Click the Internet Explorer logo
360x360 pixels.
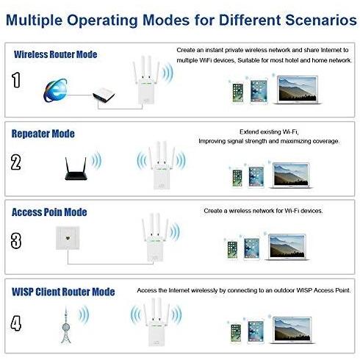tap(56, 90)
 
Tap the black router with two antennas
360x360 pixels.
tap(76, 169)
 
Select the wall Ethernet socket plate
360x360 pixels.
tap(68, 238)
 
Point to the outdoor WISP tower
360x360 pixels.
tap(65, 325)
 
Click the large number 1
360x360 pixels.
tap(16, 80)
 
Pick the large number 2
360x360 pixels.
tap(16, 162)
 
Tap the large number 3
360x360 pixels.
tap(16, 241)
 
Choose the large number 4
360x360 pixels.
tap(16, 323)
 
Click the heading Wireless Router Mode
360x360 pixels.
tap(56, 54)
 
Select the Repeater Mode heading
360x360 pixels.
tap(43, 134)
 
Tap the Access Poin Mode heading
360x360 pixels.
tap(49, 212)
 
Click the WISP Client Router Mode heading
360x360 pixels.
tap(63, 292)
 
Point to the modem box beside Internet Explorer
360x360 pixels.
tap(104, 95)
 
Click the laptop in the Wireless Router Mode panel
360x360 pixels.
tap(297, 90)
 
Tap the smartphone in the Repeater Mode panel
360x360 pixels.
tap(237, 178)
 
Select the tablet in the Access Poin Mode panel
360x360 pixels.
tap(251, 248)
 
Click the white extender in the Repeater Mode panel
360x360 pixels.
tap(162, 165)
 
